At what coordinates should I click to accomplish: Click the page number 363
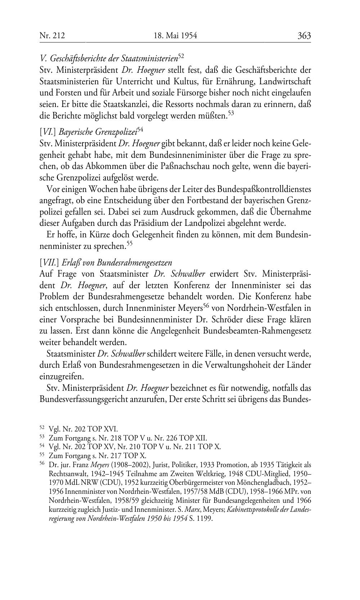[304, 36]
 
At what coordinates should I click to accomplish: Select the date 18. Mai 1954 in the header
[175, 36]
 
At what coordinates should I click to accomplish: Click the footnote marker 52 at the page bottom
[42, 428]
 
